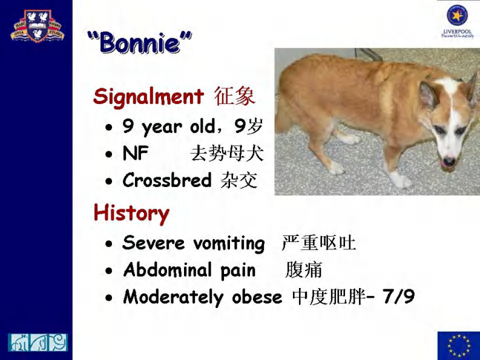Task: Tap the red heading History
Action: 131,213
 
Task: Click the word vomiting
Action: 229,243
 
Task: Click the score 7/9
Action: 399,296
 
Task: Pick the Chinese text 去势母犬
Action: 227,154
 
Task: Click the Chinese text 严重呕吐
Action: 318,243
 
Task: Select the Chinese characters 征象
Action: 235,96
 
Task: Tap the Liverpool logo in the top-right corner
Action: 458,21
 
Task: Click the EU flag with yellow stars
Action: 458,345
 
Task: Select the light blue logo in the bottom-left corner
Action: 38,342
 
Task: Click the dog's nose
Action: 448,162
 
